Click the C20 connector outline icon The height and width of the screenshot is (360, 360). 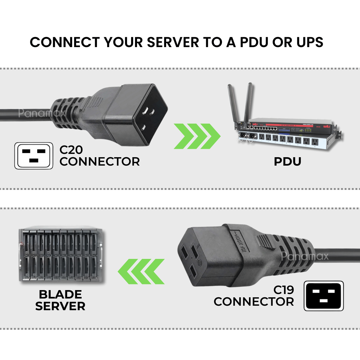(34, 156)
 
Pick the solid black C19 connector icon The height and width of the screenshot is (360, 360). (324, 296)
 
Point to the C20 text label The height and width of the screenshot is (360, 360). (71, 150)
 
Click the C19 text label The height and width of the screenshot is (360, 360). (284, 290)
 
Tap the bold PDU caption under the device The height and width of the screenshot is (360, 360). (287, 162)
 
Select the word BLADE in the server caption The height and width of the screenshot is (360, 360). (60, 295)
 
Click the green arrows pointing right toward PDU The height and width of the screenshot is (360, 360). (197, 136)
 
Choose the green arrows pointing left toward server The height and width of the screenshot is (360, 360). (141, 271)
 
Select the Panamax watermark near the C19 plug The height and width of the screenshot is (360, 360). (305, 256)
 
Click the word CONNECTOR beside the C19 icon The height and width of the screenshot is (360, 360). (254, 302)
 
